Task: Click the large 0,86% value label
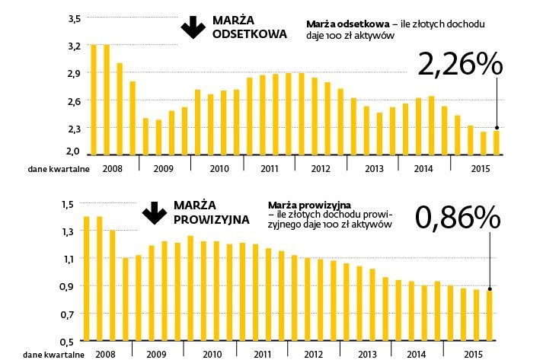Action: [458, 218]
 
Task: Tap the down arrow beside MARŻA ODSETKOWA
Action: [190, 27]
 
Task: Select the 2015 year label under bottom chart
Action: [472, 354]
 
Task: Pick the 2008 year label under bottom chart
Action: [105, 354]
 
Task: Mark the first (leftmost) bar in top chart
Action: [94, 99]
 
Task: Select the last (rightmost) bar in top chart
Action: [497, 142]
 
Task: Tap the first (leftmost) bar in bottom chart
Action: [87, 279]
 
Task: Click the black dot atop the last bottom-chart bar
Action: [490, 289]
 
